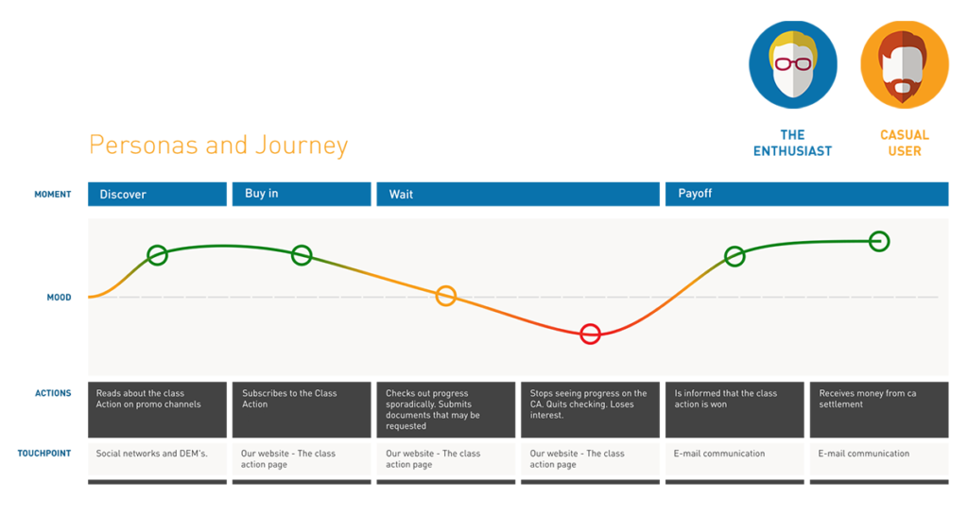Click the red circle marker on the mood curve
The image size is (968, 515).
[590, 326]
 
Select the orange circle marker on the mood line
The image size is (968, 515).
[446, 288]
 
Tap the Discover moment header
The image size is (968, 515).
[158, 194]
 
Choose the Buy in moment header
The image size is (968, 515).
[302, 194]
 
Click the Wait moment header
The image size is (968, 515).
[518, 194]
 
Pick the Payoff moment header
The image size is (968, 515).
[807, 194]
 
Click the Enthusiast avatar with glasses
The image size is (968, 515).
[793, 65]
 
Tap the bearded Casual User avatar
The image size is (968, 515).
[905, 65]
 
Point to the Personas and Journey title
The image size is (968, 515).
[218, 145]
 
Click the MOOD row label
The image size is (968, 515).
[60, 298]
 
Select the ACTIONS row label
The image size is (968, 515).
[53, 393]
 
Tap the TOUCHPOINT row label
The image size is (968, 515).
[44, 454]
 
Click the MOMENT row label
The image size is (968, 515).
[53, 195]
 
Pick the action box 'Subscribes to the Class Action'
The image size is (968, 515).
[302, 409]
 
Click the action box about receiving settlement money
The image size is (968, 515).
[879, 409]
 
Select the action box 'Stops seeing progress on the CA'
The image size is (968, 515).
[590, 409]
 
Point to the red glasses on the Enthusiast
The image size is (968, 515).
[793, 63]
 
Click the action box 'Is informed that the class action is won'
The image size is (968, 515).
[735, 409]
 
